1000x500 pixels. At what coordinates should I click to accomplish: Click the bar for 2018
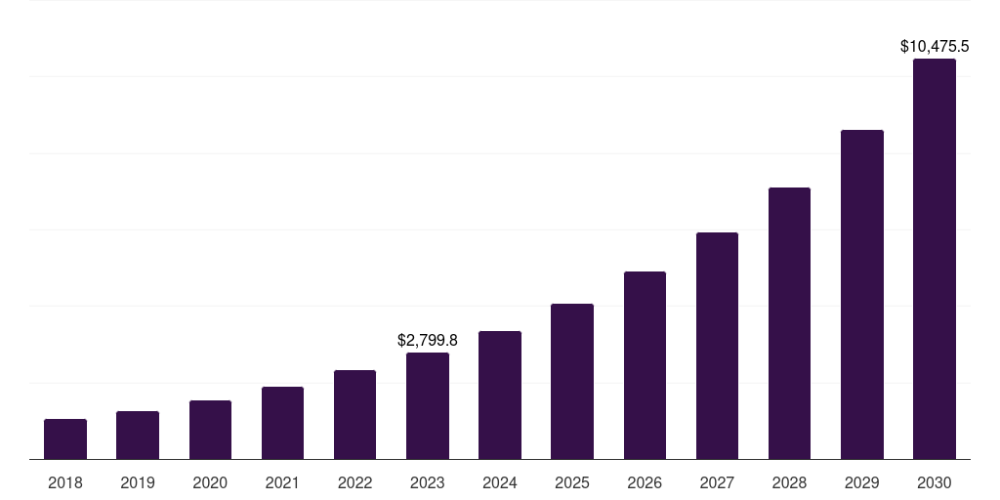click(x=65, y=438)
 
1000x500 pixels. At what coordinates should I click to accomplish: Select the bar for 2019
click(x=138, y=435)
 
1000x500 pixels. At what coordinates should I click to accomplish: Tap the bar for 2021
click(x=282, y=423)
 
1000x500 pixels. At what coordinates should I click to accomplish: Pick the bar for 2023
click(x=428, y=405)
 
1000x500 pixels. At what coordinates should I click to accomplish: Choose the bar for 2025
click(x=572, y=381)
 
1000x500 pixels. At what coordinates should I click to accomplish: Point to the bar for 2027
click(x=717, y=346)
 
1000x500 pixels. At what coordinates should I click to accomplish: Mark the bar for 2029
click(x=861, y=294)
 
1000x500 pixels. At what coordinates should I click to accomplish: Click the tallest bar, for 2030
click(x=934, y=259)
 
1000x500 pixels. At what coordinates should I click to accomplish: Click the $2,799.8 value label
click(x=428, y=341)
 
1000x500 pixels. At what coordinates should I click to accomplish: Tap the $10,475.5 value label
click(x=935, y=46)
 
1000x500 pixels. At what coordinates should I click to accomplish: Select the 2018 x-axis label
click(x=65, y=482)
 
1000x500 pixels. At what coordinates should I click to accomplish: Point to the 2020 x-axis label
click(x=210, y=482)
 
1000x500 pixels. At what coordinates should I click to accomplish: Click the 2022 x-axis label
click(x=354, y=482)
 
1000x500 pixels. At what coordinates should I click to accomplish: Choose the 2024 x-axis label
click(x=500, y=482)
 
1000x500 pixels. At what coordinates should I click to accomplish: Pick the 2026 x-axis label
click(x=645, y=482)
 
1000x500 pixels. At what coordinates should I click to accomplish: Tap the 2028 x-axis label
click(x=789, y=482)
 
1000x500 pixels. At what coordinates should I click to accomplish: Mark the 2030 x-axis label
click(x=934, y=482)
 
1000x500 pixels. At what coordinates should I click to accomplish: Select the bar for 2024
click(x=500, y=395)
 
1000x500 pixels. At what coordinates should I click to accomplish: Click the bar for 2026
click(x=645, y=365)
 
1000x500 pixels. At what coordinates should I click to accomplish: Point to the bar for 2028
click(x=789, y=323)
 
